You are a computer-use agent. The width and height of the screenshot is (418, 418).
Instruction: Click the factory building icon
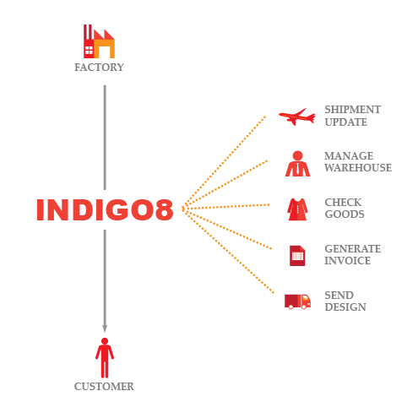tap(99, 41)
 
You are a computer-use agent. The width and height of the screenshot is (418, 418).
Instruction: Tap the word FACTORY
tap(99, 68)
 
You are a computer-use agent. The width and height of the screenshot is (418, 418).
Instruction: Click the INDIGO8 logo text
tap(105, 209)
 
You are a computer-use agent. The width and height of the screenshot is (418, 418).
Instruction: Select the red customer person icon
tap(105, 357)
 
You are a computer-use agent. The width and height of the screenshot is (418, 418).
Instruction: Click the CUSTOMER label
tap(104, 386)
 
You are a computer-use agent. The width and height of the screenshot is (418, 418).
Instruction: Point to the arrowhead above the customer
tap(105, 328)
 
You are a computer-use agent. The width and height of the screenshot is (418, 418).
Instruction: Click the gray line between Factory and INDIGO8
tap(105, 138)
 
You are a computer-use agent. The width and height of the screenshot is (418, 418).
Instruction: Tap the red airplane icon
tap(297, 117)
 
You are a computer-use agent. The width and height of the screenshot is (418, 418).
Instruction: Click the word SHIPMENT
tap(352, 110)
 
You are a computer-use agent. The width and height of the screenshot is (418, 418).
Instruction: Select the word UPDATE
tap(345, 122)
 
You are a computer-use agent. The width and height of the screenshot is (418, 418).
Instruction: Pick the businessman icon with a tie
tap(297, 164)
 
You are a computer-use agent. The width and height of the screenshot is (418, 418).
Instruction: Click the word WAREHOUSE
tap(358, 168)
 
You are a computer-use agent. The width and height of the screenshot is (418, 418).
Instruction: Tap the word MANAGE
tap(349, 155)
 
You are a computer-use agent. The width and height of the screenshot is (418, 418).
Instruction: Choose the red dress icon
tap(297, 209)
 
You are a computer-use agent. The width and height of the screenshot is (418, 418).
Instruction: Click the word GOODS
tap(345, 214)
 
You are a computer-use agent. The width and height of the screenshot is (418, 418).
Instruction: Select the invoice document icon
tap(297, 256)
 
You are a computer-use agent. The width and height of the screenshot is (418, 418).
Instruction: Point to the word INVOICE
tap(347, 261)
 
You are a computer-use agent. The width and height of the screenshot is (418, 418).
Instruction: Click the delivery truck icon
tap(297, 301)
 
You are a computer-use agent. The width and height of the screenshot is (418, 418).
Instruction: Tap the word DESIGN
tap(345, 307)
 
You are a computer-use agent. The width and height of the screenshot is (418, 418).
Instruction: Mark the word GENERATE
tap(352, 249)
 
